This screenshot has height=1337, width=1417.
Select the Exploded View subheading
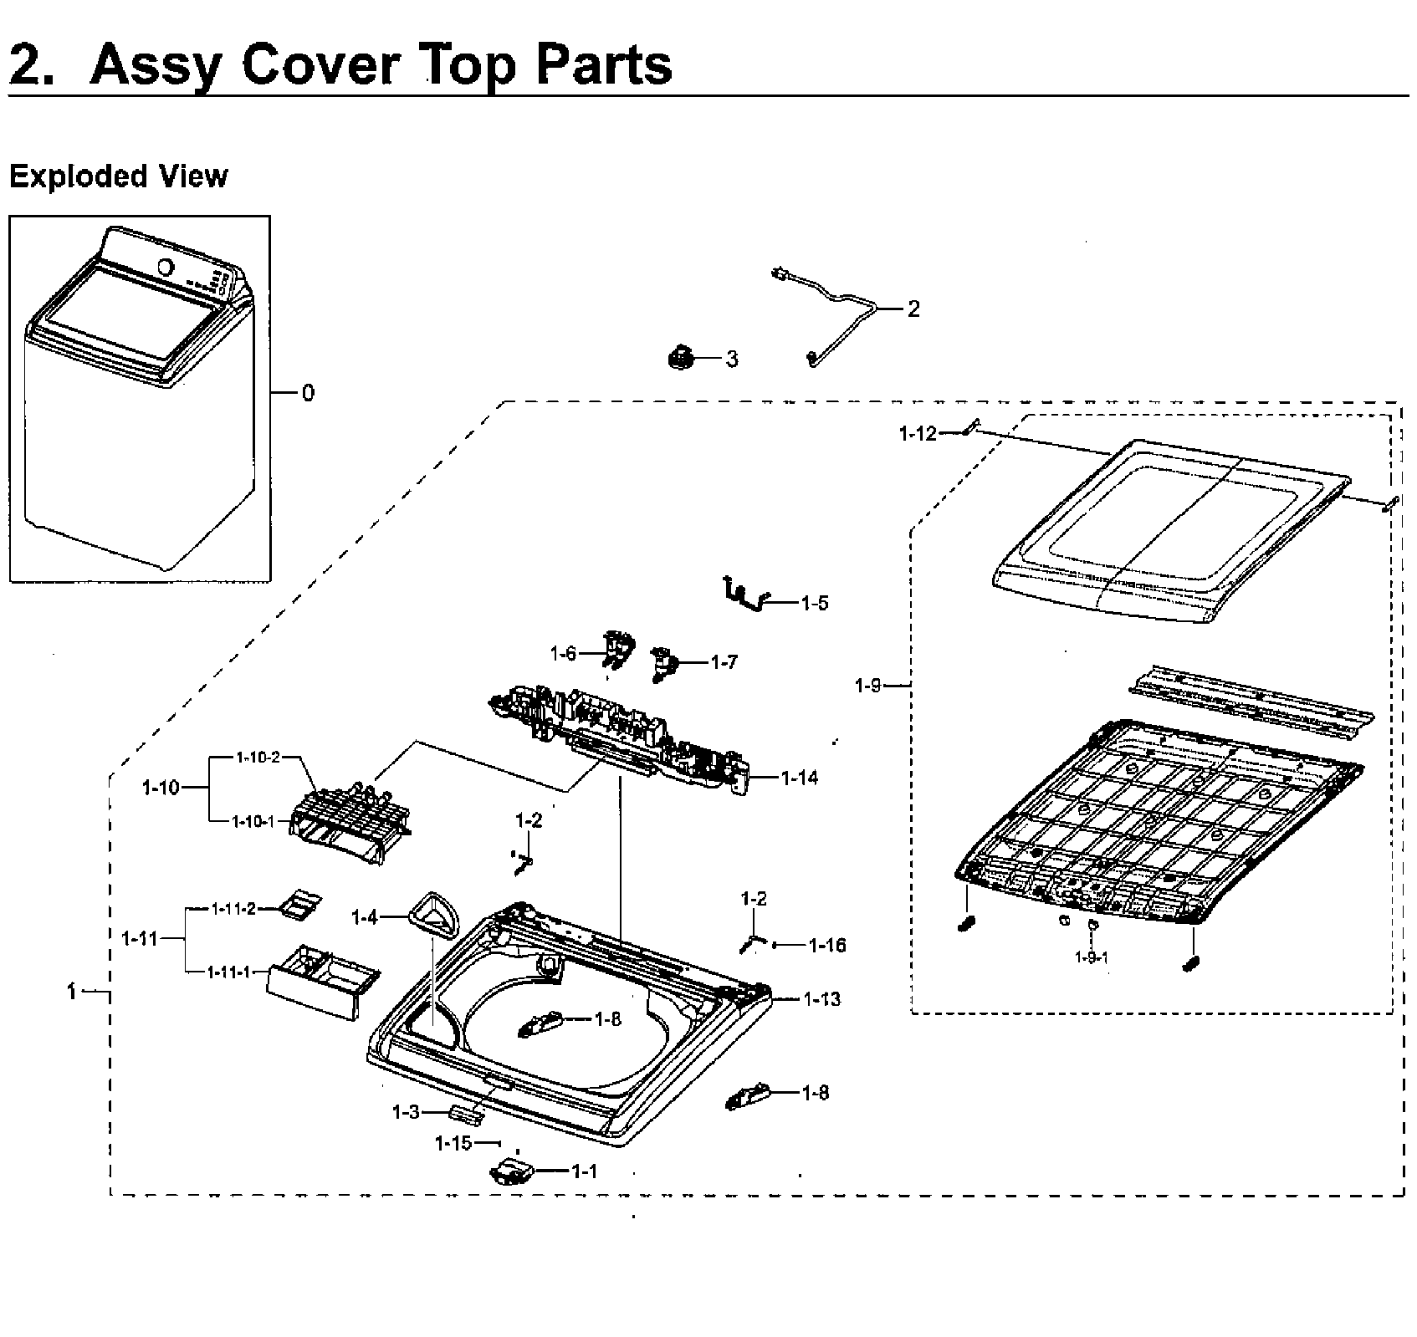click(x=118, y=176)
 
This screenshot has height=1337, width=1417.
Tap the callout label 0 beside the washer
click(x=308, y=393)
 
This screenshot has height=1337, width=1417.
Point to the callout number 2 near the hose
click(x=913, y=309)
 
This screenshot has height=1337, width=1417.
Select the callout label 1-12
click(x=918, y=433)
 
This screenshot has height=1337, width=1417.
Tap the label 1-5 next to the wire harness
click(x=814, y=603)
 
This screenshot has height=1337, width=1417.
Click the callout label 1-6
click(x=563, y=653)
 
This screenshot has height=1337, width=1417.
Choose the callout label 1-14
click(x=800, y=778)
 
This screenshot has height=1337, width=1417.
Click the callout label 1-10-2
click(x=257, y=757)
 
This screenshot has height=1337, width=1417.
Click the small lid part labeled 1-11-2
click(x=299, y=906)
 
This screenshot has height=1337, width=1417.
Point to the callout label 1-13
click(x=821, y=999)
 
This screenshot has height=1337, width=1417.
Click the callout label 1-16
click(x=827, y=946)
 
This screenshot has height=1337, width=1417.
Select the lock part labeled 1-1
click(x=510, y=1171)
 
